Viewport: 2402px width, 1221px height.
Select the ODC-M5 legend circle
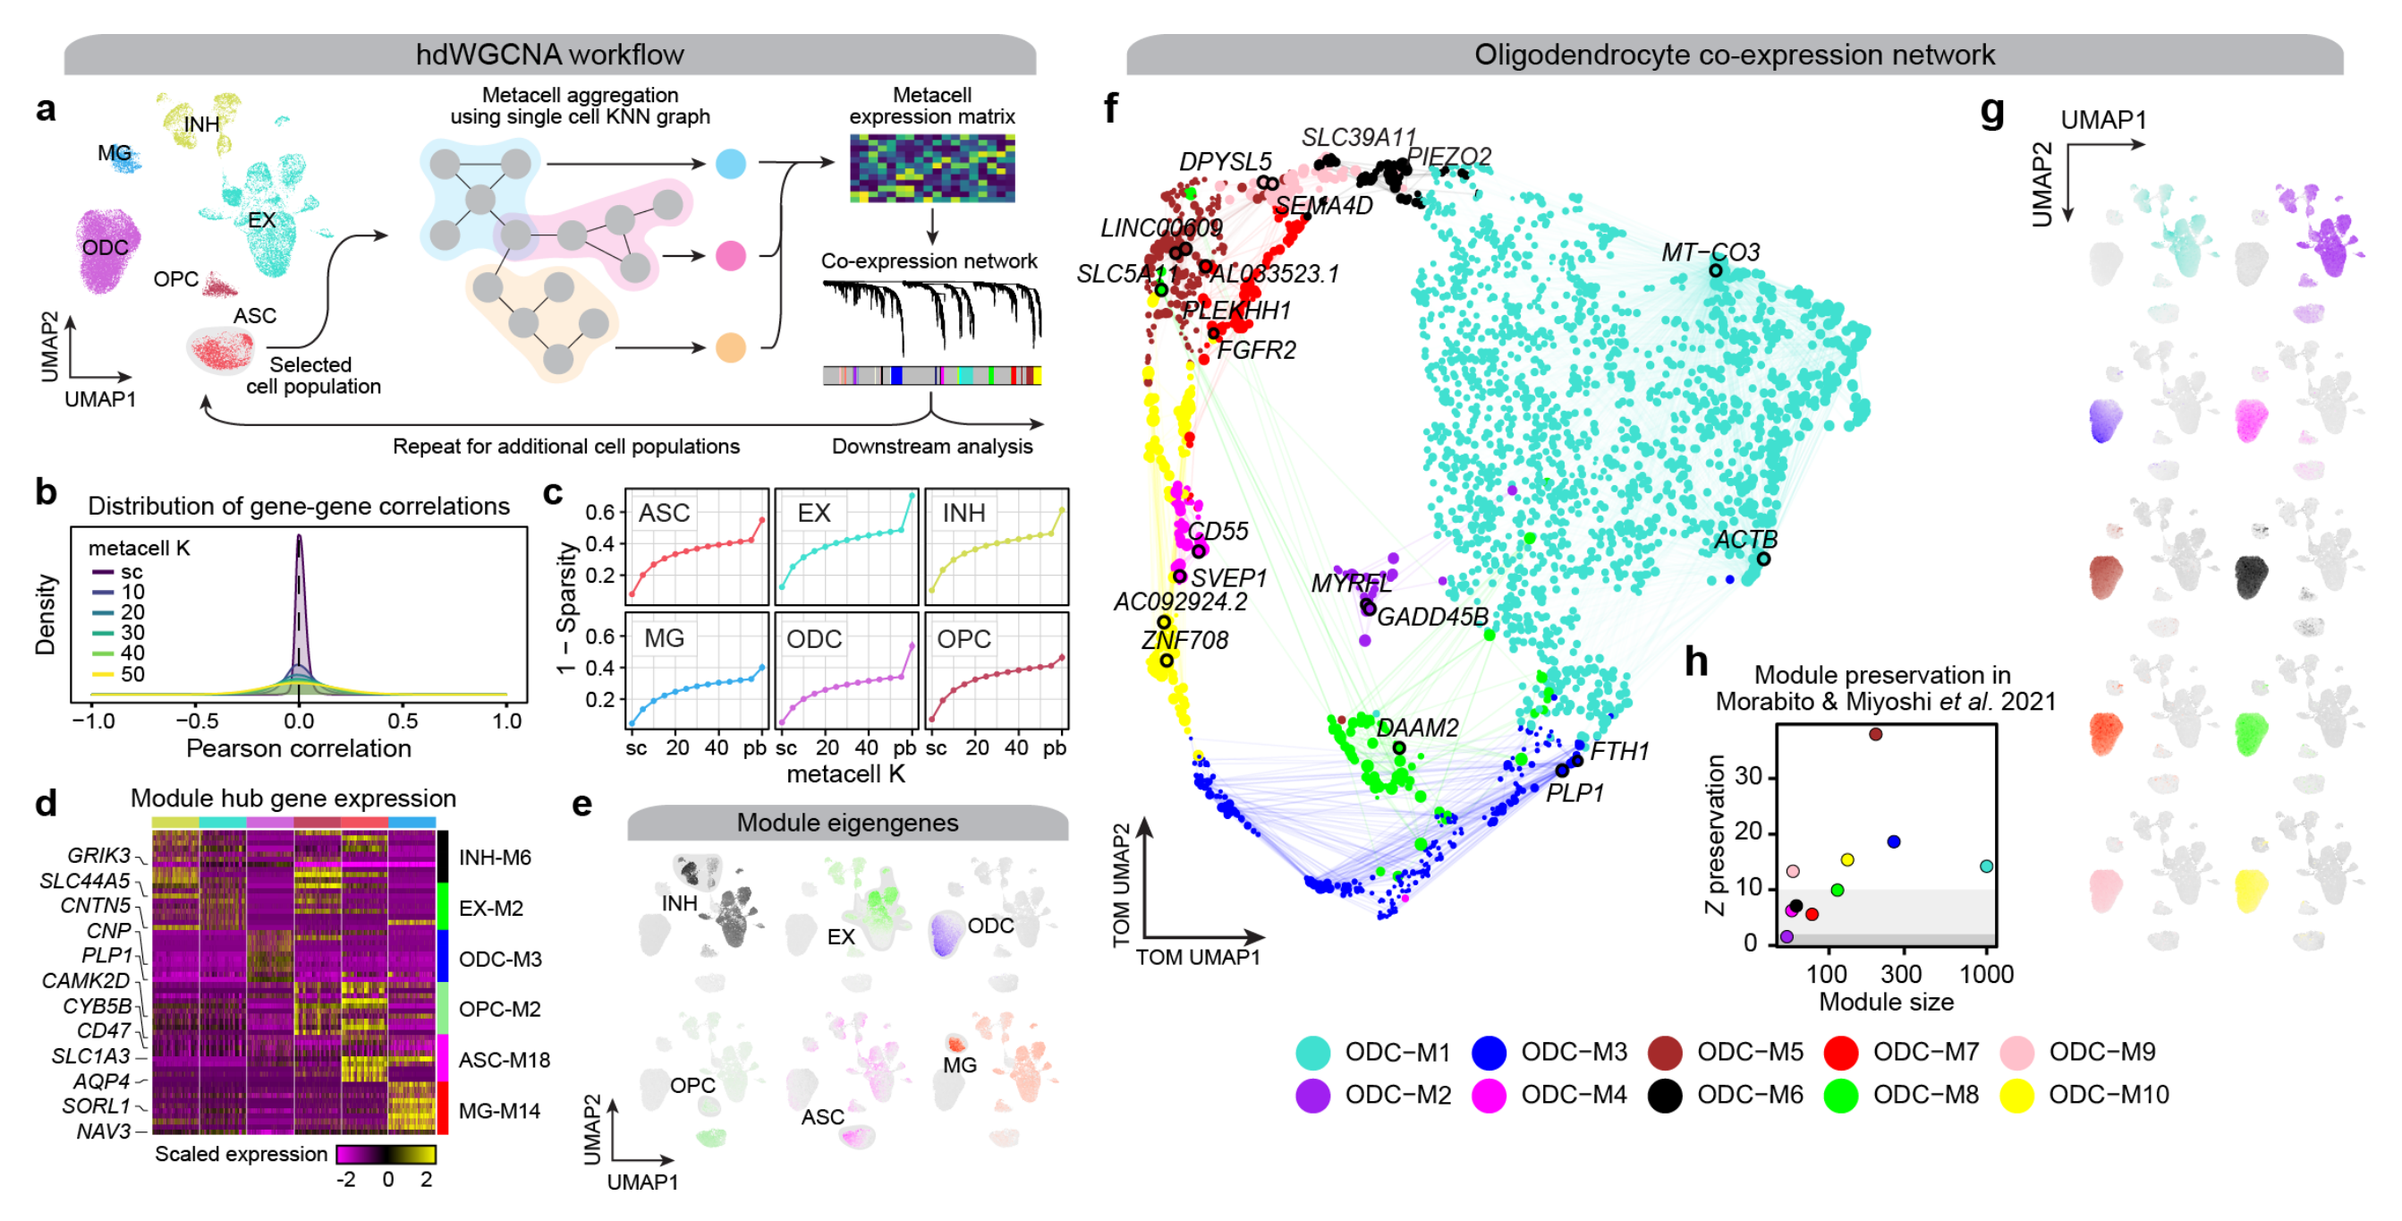coord(1665,1052)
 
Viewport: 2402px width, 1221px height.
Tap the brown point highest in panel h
coord(1875,734)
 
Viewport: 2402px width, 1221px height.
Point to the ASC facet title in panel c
coord(664,513)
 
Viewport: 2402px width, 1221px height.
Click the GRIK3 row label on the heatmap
coord(98,856)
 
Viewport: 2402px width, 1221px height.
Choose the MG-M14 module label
coord(499,1111)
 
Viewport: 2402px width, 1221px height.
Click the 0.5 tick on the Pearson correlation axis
coord(403,721)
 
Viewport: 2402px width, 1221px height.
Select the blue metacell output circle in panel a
coord(730,164)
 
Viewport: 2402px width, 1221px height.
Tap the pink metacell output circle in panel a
coord(730,256)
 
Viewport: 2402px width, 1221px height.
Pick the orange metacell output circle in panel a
coord(730,348)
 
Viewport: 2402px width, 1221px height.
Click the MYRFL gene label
coord(1351,584)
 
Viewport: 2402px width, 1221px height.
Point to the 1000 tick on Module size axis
coord(1986,975)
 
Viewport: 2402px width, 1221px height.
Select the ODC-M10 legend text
coord(2109,1094)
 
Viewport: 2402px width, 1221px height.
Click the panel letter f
coord(1110,109)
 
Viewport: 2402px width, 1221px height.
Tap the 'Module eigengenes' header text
coord(846,823)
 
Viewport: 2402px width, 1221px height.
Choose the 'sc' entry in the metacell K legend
coord(132,572)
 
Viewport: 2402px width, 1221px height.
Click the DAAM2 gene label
coord(1416,728)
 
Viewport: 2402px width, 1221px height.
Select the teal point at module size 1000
coord(1986,867)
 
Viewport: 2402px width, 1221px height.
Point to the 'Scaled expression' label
coord(241,1154)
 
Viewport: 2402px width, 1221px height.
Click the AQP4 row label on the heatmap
coord(102,1081)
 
